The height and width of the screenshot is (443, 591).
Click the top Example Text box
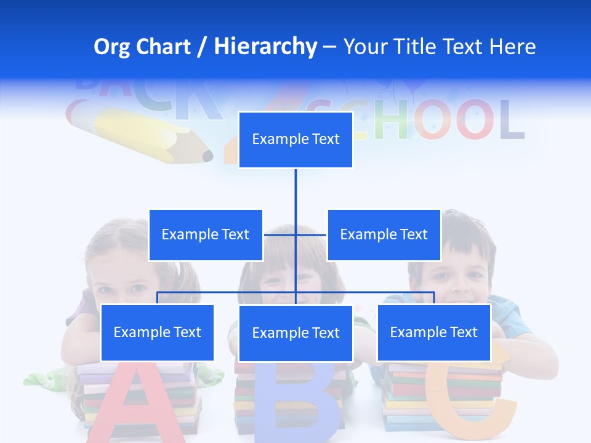(x=295, y=140)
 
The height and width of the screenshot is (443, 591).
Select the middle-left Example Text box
(x=206, y=234)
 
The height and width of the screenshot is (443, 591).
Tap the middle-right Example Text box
(x=384, y=234)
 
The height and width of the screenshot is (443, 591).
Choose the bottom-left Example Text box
(x=157, y=332)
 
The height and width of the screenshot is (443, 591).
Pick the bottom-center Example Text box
(x=295, y=333)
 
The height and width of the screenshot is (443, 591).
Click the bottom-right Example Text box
(x=433, y=332)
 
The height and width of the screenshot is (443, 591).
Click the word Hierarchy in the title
(x=265, y=46)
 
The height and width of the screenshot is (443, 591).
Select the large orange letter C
(x=474, y=400)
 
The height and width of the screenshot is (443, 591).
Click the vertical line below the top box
(x=295, y=191)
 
